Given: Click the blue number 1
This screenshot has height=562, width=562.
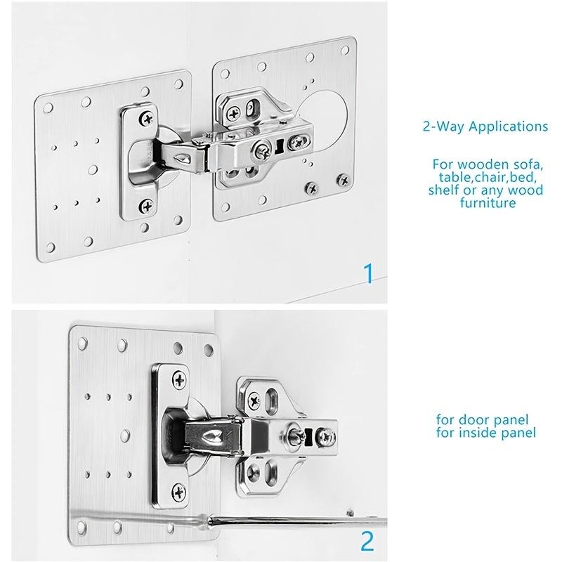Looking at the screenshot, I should tap(365, 272).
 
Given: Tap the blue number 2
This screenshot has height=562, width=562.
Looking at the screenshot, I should tap(365, 542).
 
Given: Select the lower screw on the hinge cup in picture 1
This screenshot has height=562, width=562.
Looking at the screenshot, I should tap(146, 206).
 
